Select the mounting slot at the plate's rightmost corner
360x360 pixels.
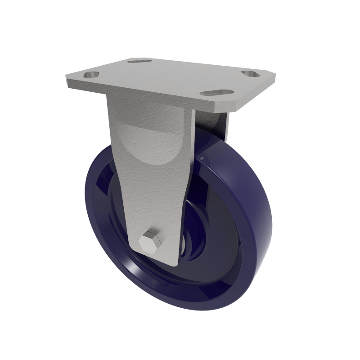(x=249, y=73)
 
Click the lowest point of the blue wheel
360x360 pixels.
(x=189, y=310)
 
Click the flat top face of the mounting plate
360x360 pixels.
(x=171, y=76)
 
